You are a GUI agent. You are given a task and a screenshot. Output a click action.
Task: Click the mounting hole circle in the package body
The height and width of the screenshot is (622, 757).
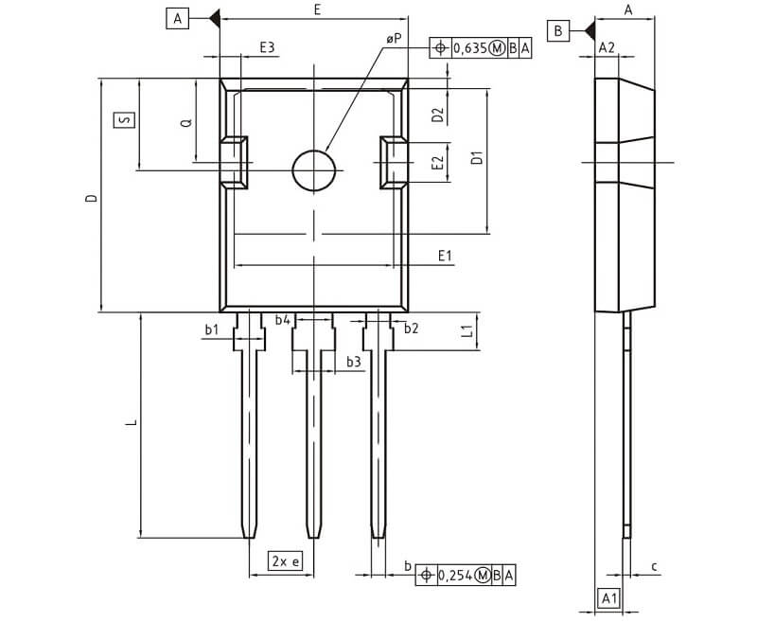click(x=314, y=171)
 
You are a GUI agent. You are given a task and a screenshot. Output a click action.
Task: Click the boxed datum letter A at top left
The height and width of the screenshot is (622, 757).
click(x=176, y=16)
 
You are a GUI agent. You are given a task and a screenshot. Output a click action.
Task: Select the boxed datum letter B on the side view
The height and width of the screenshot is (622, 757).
click(x=558, y=30)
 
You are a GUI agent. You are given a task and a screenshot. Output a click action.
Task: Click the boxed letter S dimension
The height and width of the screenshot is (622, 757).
click(x=121, y=120)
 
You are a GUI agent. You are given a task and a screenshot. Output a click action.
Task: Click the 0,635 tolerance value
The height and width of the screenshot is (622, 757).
click(x=469, y=47)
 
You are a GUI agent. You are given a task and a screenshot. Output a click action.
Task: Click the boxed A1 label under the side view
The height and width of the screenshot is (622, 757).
click(x=610, y=597)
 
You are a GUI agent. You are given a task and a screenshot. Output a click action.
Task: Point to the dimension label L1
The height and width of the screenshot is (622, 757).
click(x=466, y=329)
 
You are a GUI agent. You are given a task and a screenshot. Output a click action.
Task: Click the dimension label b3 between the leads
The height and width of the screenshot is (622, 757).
click(x=352, y=362)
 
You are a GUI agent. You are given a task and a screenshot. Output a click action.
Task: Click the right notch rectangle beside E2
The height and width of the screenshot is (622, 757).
click(x=394, y=161)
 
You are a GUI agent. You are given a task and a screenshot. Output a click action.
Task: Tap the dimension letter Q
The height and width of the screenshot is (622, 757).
click(x=186, y=122)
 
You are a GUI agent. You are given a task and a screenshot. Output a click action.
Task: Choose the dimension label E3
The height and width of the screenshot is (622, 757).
click(x=267, y=47)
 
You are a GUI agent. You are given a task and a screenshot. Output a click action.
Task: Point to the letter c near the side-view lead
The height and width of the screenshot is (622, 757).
click(x=655, y=566)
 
